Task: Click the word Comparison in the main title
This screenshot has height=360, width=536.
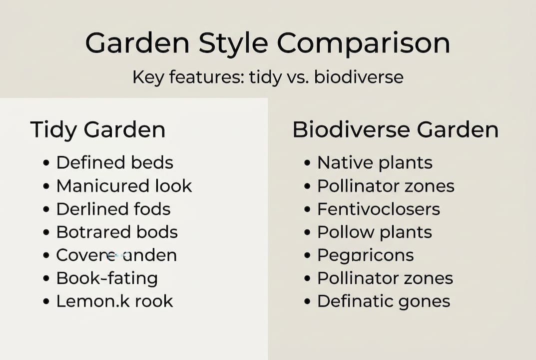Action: pos(364,44)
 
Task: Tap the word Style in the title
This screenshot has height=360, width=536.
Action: pos(234,44)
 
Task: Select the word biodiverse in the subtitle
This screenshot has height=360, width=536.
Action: pos(359,77)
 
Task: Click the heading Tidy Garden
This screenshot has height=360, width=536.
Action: pos(98,130)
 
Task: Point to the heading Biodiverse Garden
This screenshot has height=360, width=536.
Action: pos(395,130)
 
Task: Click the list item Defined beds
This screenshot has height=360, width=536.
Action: pos(114,162)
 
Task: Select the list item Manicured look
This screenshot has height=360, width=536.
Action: pos(124,186)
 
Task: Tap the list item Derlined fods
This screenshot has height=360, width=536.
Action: pos(113,209)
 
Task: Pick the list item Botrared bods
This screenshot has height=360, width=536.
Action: pos(117,232)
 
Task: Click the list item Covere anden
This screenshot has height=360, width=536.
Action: pos(116,255)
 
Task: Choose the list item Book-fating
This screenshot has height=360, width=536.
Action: pos(107,278)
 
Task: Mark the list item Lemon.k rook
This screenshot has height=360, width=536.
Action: pos(114,301)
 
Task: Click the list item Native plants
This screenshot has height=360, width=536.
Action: pos(375,162)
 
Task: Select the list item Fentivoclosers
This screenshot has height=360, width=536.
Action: pos(379,209)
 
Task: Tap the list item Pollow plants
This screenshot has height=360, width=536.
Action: pos(375,232)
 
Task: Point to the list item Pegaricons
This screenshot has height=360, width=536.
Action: pos(366,255)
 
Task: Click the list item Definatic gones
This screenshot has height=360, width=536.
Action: pos(384,301)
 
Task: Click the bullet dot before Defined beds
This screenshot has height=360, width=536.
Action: pos(46,163)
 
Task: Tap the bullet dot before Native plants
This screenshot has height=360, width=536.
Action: pos(308,163)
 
